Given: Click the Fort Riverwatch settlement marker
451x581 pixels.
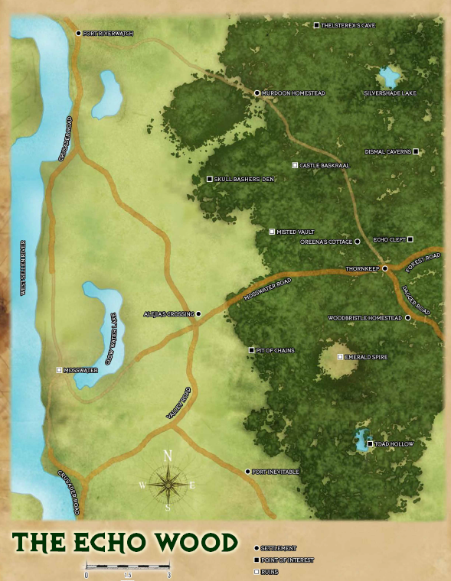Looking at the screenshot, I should coord(79,33).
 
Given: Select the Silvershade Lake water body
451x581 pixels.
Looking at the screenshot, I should coord(389,76).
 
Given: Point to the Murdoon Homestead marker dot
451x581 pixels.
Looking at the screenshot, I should coord(257,93).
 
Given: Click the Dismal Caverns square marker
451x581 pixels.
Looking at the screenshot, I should coord(416,151).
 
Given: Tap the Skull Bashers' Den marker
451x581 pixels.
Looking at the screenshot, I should coord(210,179).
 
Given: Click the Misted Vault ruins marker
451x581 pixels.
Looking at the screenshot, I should coord(272,231).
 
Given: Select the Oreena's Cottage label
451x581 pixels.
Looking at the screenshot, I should coord(325,242).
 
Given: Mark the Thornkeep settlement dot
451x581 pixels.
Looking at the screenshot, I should coord(385,268).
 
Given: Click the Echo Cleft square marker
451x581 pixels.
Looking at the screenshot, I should coord(410,239).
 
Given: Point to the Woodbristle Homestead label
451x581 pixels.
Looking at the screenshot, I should coord(364,317).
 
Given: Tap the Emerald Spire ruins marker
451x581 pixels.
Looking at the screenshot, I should coord(341,356).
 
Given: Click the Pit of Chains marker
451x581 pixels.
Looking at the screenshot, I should coord(252,350).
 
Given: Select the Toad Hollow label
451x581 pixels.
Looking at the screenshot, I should coord(395,444).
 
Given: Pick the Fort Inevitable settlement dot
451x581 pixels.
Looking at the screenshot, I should coord(247,472).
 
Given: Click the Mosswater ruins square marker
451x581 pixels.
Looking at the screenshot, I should coord(60,370).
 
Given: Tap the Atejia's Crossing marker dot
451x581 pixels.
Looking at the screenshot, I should coord(198,313).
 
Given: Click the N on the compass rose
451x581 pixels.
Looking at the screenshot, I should coord(168,456).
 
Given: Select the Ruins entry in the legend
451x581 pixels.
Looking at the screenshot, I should coord(269,571).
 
